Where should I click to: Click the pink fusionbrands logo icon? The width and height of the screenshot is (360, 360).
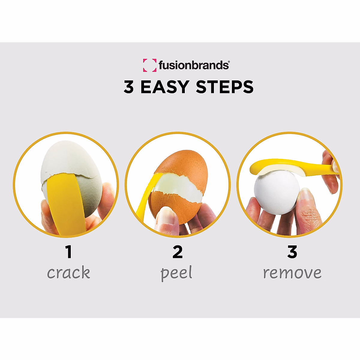[x=149, y=65]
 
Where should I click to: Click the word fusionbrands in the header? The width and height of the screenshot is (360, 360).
[x=193, y=65]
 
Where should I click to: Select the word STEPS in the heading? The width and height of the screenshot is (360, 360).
[x=224, y=87]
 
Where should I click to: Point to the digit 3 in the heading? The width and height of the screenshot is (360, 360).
[x=129, y=87]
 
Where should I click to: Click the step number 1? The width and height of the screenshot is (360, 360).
[x=69, y=252]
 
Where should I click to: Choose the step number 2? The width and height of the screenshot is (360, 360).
[x=178, y=252]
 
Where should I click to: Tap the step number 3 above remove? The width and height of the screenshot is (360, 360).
[x=292, y=252]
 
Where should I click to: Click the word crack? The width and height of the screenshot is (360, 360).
[x=69, y=273]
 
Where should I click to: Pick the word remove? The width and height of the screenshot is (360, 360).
[x=292, y=273]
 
